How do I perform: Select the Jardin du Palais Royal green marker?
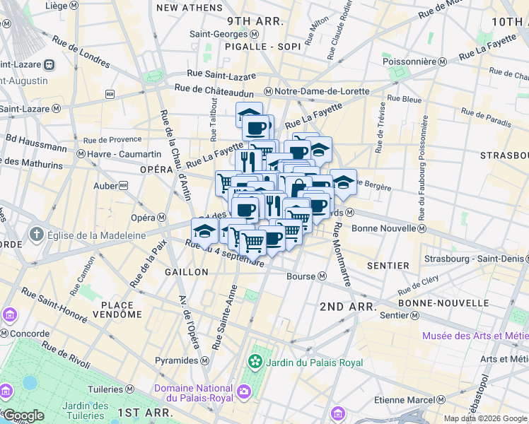(x=255, y=363)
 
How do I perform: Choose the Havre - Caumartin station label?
(x=117, y=154)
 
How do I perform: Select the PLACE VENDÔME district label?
(x=112, y=311)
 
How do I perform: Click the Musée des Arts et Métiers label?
(x=475, y=336)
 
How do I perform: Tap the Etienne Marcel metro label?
(x=401, y=400)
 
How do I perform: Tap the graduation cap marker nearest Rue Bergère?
(x=343, y=182)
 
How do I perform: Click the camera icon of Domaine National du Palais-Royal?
(x=244, y=391)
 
